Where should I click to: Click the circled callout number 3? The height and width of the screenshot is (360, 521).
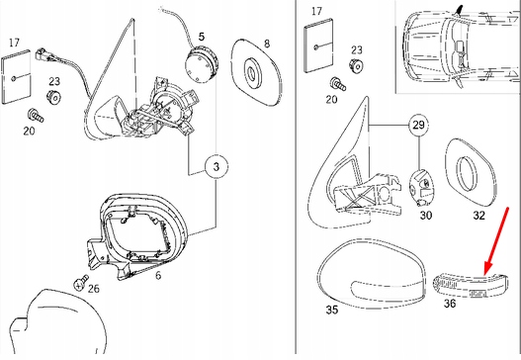217,166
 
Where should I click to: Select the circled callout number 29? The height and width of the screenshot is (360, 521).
418,126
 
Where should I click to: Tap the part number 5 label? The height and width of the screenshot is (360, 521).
202,37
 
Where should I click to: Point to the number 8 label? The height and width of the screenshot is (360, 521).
267,44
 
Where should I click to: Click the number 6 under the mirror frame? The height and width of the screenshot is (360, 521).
158,275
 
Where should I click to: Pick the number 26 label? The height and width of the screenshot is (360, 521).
94,288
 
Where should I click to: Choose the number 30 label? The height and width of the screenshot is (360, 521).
426,215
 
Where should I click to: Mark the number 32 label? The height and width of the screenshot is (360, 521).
478,216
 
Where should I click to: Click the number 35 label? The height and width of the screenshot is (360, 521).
332,310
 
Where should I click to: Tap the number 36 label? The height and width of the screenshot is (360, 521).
450,304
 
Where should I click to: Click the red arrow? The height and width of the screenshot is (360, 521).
496,241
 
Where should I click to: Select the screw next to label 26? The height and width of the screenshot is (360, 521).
81,282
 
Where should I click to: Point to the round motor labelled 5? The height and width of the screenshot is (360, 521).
202,64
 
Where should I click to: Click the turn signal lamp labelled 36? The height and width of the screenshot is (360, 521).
471,285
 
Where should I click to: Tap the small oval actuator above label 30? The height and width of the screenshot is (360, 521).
421,187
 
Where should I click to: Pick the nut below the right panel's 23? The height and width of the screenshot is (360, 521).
356,65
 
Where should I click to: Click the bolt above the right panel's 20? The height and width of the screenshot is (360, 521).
337,84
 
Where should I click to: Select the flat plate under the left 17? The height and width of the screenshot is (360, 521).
16,77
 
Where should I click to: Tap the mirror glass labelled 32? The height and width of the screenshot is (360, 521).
471,172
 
